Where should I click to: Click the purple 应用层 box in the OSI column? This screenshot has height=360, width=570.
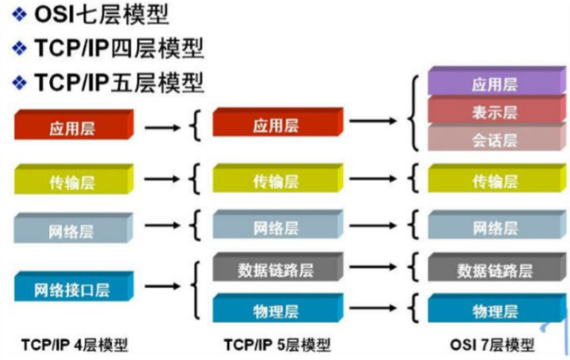click(x=496, y=81)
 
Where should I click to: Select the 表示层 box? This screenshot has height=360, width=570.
click(x=496, y=109)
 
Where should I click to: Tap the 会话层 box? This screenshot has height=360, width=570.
click(x=496, y=137)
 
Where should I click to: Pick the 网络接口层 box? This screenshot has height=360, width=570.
click(x=74, y=286)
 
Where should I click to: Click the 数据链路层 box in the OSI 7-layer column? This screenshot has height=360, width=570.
click(x=496, y=267)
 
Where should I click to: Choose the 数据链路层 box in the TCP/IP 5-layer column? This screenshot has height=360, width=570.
click(x=278, y=267)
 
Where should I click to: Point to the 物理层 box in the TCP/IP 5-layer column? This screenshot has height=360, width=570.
click(x=278, y=308)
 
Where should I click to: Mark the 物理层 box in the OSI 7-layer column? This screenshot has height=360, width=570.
click(x=496, y=308)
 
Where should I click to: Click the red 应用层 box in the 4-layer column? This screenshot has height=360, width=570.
click(x=74, y=125)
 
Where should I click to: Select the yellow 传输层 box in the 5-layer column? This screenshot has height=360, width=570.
click(x=278, y=178)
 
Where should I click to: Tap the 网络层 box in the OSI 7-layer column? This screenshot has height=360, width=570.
click(x=496, y=225)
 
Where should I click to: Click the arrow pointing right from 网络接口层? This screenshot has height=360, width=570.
click(x=162, y=286)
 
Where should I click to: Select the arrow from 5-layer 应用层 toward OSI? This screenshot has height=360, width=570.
click(x=373, y=121)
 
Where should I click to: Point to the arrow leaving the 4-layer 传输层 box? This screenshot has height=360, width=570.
click(x=162, y=179)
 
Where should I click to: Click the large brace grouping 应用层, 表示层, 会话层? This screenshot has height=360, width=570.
click(x=413, y=113)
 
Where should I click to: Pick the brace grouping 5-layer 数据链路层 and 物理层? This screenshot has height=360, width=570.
click(x=196, y=290)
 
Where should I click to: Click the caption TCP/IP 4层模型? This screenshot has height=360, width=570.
click(x=75, y=345)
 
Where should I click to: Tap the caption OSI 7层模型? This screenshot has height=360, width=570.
click(x=492, y=345)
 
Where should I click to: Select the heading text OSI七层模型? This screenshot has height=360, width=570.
click(x=102, y=15)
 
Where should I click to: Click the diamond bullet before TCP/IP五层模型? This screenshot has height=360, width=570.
click(x=19, y=82)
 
